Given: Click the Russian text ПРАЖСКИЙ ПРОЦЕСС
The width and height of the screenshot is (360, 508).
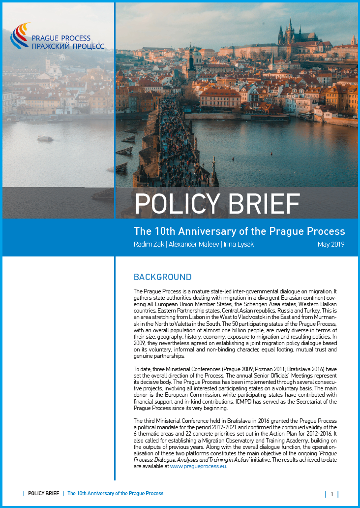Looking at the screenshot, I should (68, 46).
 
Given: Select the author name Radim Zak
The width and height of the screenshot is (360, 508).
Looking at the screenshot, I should (150, 244).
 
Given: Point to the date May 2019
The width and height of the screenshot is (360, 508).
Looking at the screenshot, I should (331, 244).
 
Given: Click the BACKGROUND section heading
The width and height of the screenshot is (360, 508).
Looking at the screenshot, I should (162, 277).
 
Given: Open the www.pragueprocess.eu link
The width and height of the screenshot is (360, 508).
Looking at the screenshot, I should (198, 466).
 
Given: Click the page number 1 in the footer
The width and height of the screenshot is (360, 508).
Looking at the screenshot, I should (332, 494).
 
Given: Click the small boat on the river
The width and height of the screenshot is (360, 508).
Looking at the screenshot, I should (45, 139).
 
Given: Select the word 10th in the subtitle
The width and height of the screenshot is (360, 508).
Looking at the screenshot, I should (167, 231).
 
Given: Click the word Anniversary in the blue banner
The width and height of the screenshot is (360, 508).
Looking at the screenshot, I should (213, 231).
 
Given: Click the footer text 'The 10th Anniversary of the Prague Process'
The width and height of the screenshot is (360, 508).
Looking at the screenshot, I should (115, 493).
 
